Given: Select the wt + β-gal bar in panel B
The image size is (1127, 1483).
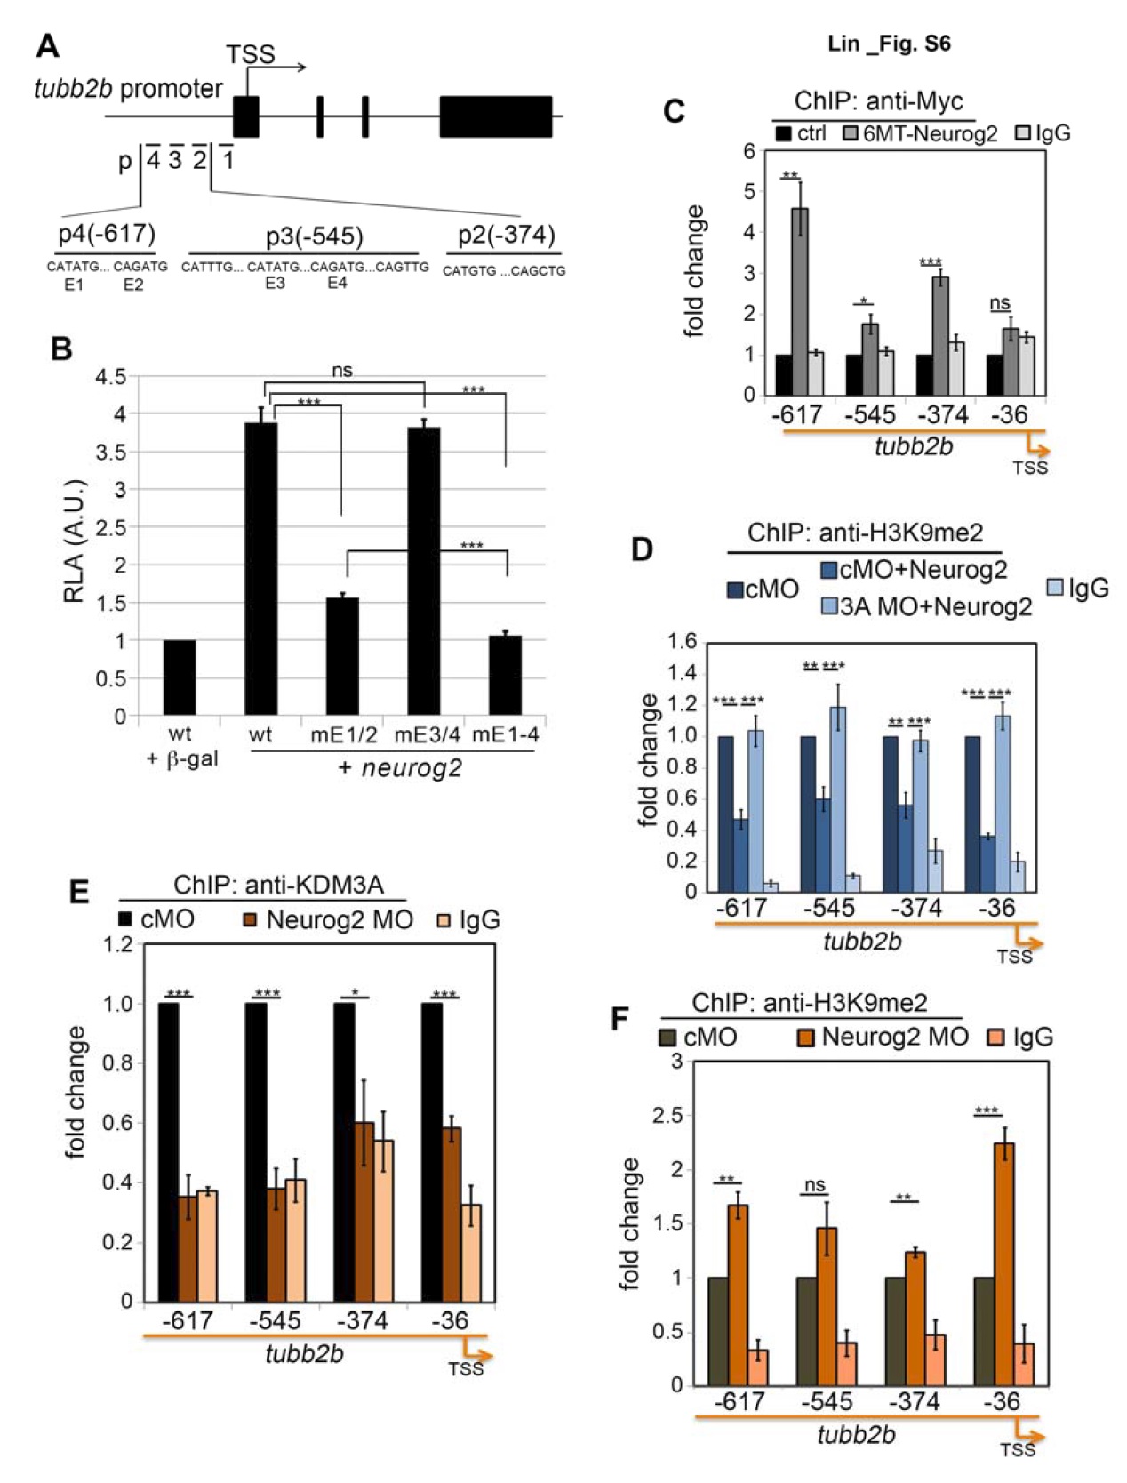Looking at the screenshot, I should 180,677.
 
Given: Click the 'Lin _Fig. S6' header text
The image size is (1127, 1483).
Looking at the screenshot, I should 889,44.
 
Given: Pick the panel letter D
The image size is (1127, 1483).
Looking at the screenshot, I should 642,549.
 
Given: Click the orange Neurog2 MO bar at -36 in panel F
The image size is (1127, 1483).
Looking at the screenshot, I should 1003,1263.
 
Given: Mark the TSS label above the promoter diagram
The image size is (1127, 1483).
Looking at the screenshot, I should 251,55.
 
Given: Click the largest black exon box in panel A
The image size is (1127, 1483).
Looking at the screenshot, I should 495,116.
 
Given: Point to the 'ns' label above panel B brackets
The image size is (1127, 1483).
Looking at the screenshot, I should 342,370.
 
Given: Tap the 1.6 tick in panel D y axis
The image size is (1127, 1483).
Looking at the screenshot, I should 683,642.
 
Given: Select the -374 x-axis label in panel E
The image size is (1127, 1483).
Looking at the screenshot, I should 363,1321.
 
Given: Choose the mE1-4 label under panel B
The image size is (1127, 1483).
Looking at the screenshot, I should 505,734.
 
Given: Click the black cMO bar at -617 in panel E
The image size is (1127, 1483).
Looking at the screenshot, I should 168,1152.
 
